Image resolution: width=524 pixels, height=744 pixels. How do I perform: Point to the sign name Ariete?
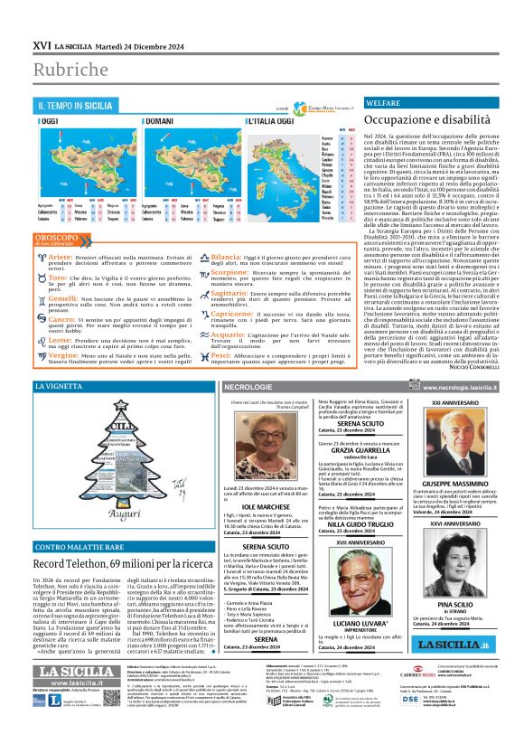(60, 258)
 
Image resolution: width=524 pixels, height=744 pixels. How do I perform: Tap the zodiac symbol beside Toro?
(41, 278)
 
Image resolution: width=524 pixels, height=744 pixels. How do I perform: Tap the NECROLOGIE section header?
(248, 388)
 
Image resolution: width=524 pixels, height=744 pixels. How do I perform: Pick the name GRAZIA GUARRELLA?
(344, 456)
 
